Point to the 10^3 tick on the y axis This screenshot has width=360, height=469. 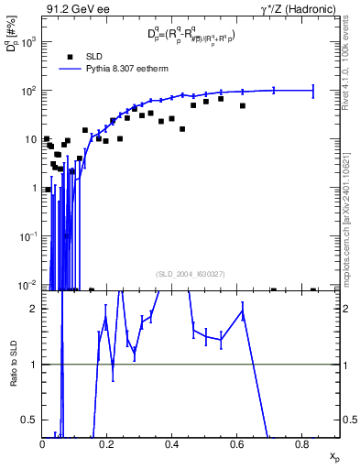pos(29,42)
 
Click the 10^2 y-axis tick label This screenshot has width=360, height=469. pos(29,91)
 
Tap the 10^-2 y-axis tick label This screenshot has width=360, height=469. pos(27,285)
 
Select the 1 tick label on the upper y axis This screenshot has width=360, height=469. pos(34,188)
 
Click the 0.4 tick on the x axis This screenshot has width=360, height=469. pos(171,444)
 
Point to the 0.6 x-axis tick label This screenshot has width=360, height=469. pos(236,444)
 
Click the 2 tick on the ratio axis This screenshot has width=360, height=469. pos(34,309)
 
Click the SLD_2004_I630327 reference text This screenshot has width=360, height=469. pos(191,273)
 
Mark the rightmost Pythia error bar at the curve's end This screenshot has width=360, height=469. pos(313,90)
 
